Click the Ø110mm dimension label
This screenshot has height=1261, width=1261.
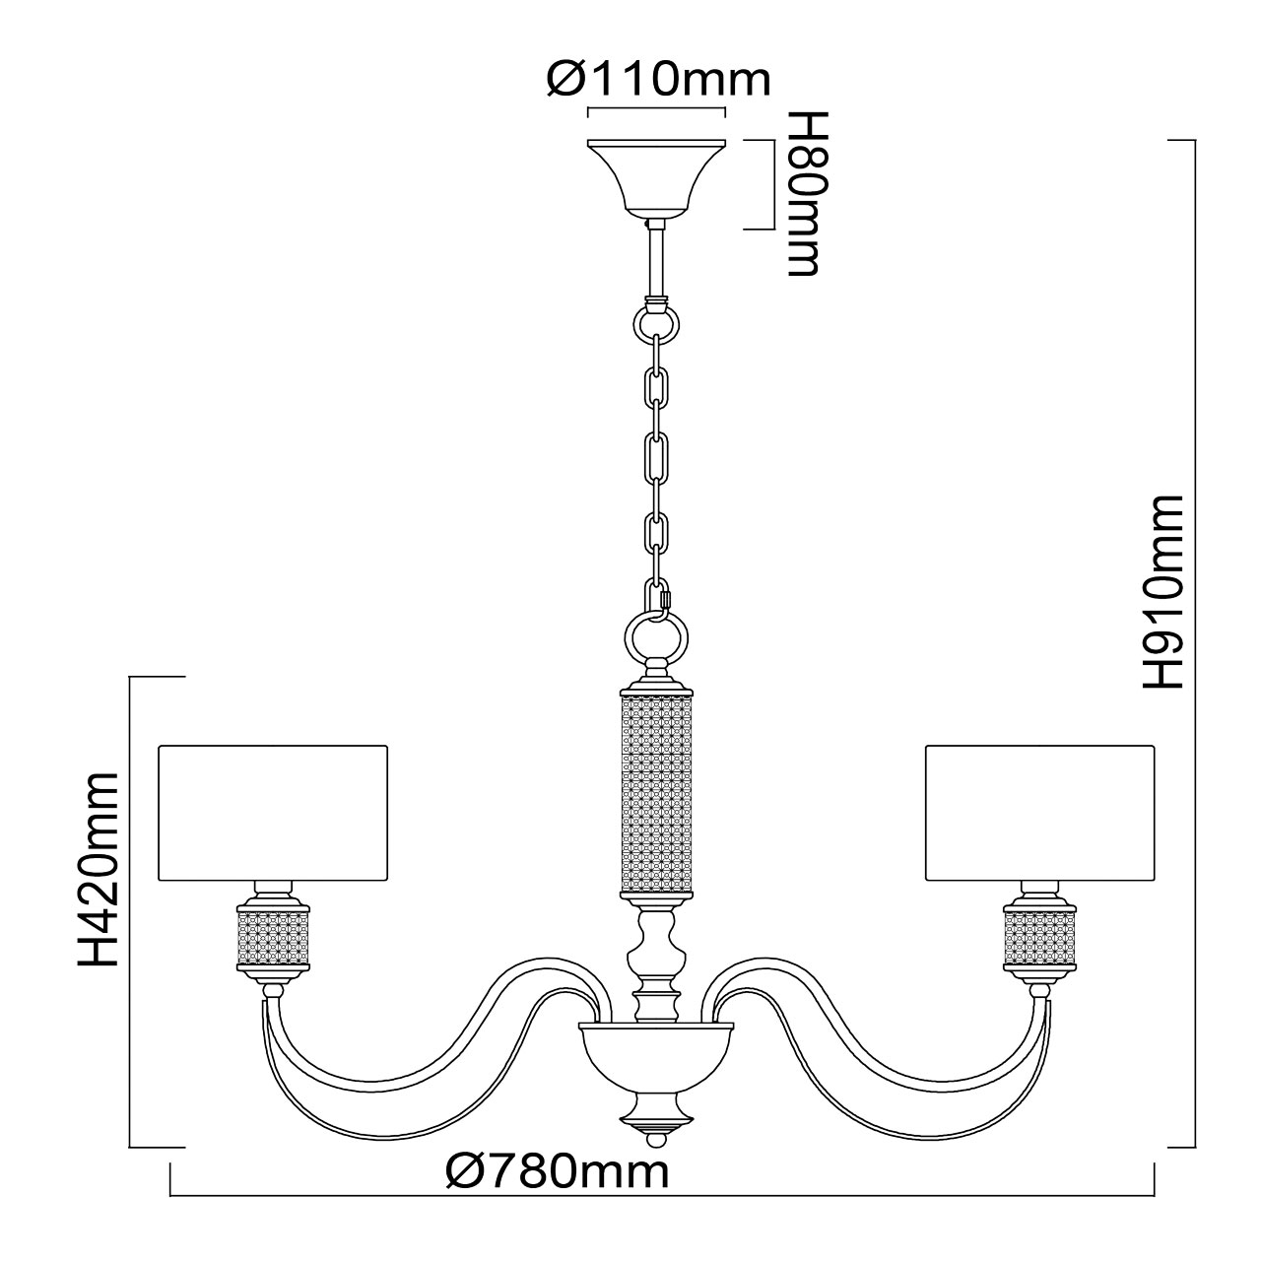tap(658, 79)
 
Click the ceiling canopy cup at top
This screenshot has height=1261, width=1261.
tap(656, 177)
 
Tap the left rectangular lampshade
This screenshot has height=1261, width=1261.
tap(273, 813)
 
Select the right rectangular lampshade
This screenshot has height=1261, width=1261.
tap(1038, 813)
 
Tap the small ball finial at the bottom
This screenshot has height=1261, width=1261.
tap(655, 1140)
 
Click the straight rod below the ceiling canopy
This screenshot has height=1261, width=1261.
tap(656, 261)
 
